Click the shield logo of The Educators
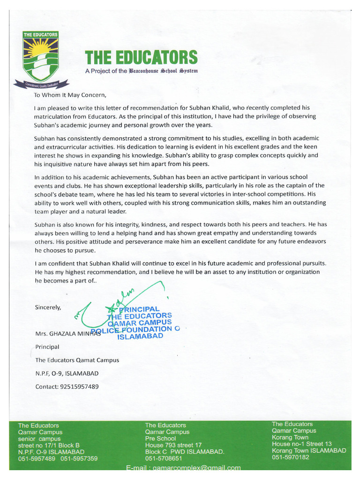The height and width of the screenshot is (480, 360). pos(41,56)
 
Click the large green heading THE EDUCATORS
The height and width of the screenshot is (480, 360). pos(141,58)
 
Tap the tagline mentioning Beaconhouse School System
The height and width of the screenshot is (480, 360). pos(141,71)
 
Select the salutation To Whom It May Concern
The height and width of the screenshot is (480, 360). pos(67,95)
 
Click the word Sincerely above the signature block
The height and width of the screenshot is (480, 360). pos(48,307)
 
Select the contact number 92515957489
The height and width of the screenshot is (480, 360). pos(67,387)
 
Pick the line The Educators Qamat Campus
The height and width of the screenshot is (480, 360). pos(77,360)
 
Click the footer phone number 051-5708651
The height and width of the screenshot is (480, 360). pos(164,458)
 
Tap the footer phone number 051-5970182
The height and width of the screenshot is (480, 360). pos(291,457)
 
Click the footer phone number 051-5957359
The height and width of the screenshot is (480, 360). pos(79,458)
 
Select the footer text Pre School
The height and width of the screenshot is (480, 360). pos(160,438)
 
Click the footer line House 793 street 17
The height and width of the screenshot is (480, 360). pos(173,445)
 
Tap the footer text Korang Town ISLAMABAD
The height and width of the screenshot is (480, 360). pos(309,450)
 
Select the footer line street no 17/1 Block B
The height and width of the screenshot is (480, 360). pos(49,445)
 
